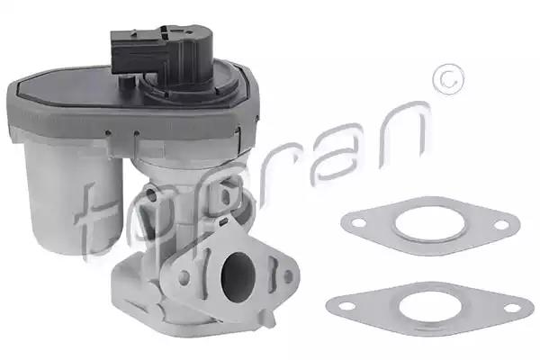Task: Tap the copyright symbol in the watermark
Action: pos(448,79)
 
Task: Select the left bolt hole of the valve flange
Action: pos(184,276)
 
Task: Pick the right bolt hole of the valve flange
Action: pos(288,274)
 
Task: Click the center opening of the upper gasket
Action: pos(429,224)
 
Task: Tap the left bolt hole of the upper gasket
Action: pos(359,223)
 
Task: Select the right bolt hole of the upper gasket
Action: pos(501,226)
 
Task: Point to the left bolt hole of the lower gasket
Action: pos(346,306)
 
